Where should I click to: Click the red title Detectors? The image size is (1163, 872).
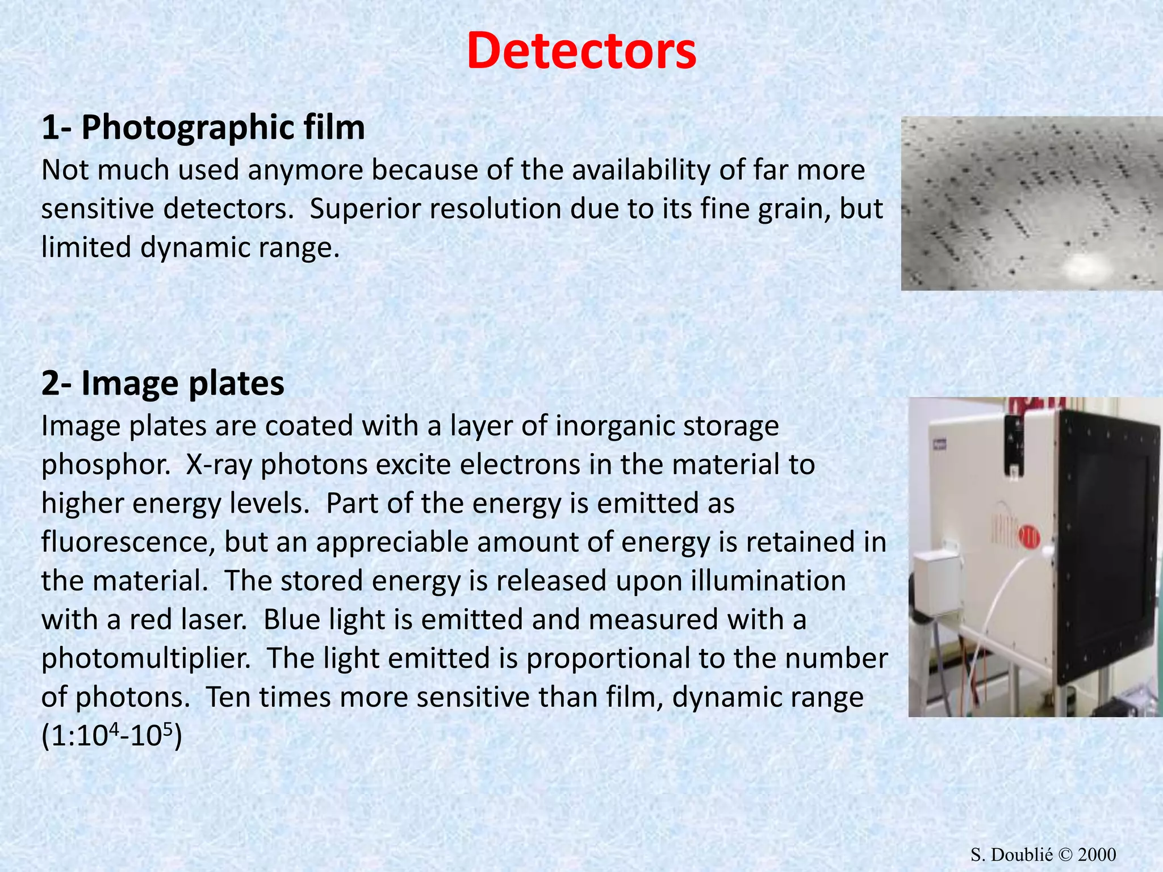pos(581,51)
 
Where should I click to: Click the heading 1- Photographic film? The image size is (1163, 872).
pos(203,127)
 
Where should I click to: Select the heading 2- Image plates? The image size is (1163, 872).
pos(162,383)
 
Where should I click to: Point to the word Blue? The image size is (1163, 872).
pos(291,619)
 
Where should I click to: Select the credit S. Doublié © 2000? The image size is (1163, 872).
pos(1043,854)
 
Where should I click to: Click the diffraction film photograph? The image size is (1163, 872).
pos(1031,203)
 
